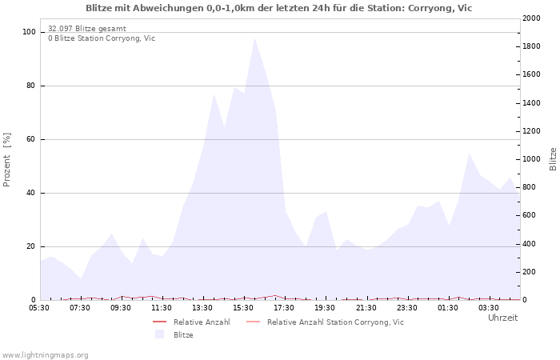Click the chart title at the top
[278, 8]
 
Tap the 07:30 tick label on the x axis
[80, 307]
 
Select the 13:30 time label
[202, 307]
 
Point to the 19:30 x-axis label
[325, 307]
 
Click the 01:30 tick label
[447, 307]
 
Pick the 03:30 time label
[488, 307]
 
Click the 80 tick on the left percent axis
[30, 86]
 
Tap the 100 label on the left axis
[29, 32]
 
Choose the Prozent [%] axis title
[7, 160]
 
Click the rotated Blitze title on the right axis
[553, 159]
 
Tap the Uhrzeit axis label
[502, 318]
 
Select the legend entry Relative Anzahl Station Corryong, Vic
[335, 322]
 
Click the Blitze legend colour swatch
[159, 334]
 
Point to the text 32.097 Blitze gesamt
[86, 29]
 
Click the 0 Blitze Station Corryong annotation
[102, 38]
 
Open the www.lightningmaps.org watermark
[45, 354]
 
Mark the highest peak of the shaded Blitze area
[254, 37]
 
